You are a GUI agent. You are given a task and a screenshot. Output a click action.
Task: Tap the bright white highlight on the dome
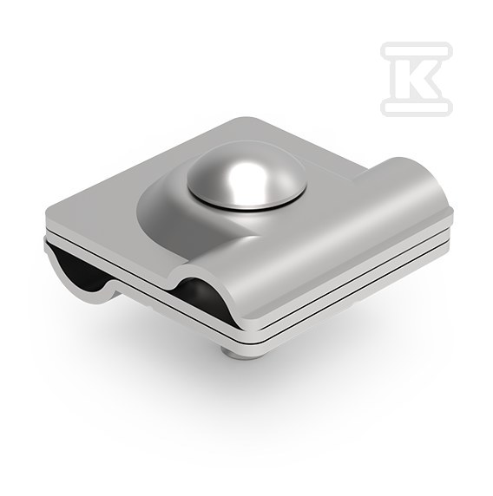pyautogui.click(x=244, y=177)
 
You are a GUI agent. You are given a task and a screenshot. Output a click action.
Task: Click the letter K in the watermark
pyautogui.click(x=417, y=79)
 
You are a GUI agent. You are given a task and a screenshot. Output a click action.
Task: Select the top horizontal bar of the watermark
pyautogui.click(x=417, y=50)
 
